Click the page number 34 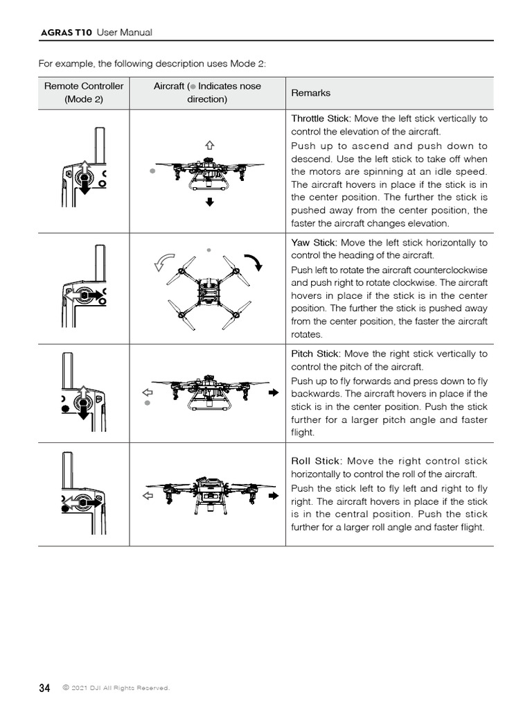pos(44,688)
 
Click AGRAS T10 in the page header pos(66,33)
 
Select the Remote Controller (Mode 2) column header pos(84,92)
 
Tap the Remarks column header pos(311,93)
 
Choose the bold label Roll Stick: pos(315,461)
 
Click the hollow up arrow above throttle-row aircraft pos(209,144)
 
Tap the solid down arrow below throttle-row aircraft pos(209,202)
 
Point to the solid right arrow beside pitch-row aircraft pos(273,392)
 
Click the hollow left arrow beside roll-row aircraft pos(147,496)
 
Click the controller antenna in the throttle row pos(98,145)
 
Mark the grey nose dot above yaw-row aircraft pos(209,248)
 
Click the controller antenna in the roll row pos(67,471)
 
